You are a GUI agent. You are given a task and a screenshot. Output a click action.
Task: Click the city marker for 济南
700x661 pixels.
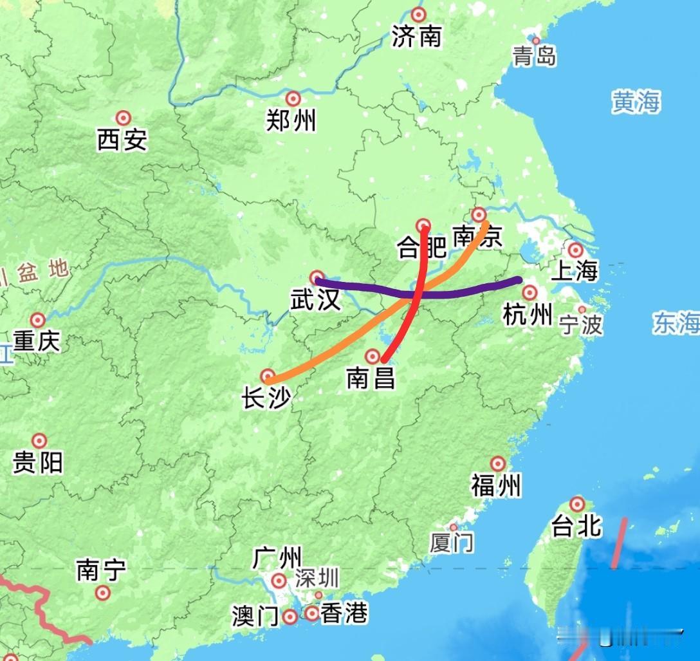(x=419, y=15)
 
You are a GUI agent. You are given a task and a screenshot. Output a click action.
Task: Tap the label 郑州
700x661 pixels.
(x=291, y=120)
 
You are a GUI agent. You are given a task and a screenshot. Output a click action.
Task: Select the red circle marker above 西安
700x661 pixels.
(x=123, y=118)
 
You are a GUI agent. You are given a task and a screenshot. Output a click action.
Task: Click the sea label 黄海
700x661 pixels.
(x=636, y=102)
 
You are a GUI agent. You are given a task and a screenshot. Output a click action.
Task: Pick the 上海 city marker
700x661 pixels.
(x=575, y=250)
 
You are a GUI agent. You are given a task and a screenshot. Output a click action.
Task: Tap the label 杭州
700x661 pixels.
(x=528, y=315)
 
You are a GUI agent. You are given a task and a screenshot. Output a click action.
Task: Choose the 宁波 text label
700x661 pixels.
(x=581, y=324)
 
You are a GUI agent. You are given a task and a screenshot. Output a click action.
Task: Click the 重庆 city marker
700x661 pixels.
(x=38, y=320)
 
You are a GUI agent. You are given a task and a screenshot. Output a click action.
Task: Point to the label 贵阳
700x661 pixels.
(x=39, y=462)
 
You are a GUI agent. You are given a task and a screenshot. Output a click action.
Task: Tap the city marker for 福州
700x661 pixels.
(x=497, y=463)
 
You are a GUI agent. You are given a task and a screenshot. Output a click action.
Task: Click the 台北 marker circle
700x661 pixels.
(x=577, y=504)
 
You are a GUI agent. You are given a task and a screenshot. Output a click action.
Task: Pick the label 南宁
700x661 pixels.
(x=101, y=570)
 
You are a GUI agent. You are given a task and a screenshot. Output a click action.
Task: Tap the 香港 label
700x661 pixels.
(x=344, y=613)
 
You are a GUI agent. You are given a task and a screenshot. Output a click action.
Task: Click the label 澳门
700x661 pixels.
(x=255, y=617)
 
